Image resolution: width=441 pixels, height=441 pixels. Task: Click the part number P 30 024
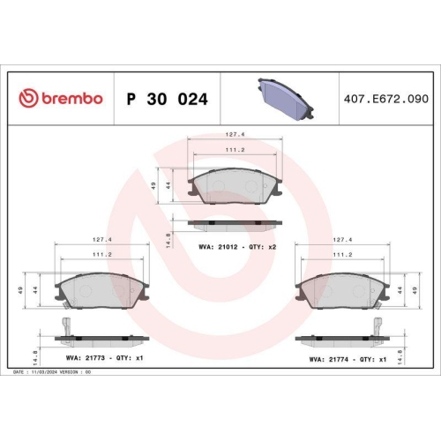coord(168,99)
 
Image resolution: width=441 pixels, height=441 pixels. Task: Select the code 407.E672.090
coord(385,99)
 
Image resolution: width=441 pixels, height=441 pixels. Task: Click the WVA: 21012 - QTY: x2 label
coord(238,247)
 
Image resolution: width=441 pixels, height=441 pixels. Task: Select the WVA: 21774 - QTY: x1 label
coord(348,360)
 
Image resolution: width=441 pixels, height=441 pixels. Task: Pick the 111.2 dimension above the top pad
coord(235,150)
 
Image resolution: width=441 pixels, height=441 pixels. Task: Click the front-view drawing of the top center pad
coord(235,186)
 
